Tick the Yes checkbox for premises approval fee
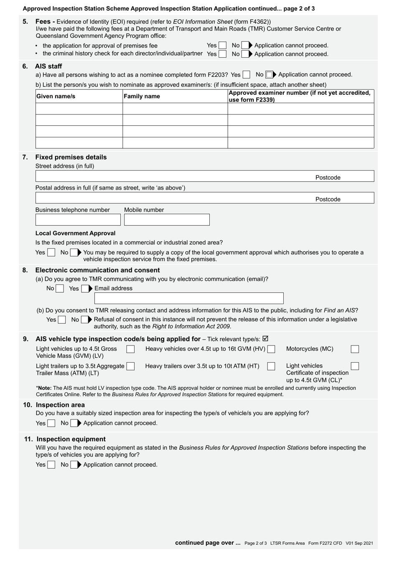(222, 46)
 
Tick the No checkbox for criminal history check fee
(244, 54)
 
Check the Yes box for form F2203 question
(247, 75)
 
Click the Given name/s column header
(56, 96)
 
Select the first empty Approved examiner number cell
(300, 109)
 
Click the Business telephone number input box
(78, 220)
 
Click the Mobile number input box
(167, 220)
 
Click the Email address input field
(189, 298)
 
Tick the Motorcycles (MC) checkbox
(355, 349)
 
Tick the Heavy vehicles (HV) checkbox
(271, 349)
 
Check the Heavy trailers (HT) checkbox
(271, 366)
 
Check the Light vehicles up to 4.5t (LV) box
(130, 349)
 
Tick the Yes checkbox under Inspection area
(51, 423)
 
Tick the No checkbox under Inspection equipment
(74, 465)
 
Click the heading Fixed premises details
(71, 157)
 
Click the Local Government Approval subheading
(75, 233)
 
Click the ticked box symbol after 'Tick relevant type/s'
(265, 339)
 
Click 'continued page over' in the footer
(208, 543)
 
